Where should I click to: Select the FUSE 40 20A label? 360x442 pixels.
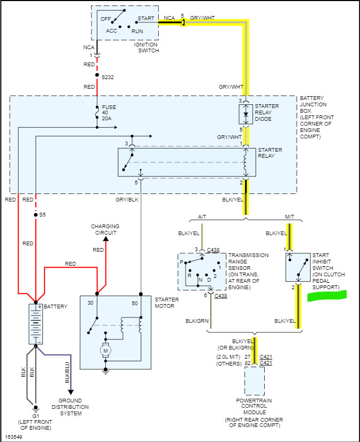(109, 112)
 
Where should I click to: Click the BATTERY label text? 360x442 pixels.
(56, 307)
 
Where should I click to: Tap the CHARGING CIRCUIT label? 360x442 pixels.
(105, 229)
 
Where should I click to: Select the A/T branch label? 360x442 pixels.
(202, 216)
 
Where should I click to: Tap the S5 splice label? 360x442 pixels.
(42, 215)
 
